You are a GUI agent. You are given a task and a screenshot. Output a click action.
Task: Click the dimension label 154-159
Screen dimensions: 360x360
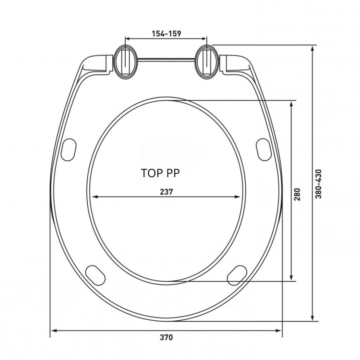click(166, 34)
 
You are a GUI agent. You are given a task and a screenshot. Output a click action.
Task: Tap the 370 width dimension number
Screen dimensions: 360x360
click(166, 338)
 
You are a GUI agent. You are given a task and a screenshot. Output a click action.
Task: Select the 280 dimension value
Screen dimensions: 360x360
click(297, 194)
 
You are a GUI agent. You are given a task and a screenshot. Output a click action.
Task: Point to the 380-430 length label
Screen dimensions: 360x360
click(318, 184)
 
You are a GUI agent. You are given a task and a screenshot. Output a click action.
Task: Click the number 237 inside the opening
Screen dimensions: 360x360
click(166, 192)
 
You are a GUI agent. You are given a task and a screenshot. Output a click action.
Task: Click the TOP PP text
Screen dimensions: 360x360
click(160, 173)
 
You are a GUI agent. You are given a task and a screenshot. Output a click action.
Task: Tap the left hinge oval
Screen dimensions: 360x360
click(126, 62)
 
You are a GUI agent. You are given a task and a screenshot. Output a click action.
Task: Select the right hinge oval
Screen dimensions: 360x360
click(207, 62)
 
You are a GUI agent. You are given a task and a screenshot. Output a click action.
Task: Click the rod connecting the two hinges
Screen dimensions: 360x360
click(166, 60)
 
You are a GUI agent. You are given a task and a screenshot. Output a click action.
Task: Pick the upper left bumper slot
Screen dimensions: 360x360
click(69, 150)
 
